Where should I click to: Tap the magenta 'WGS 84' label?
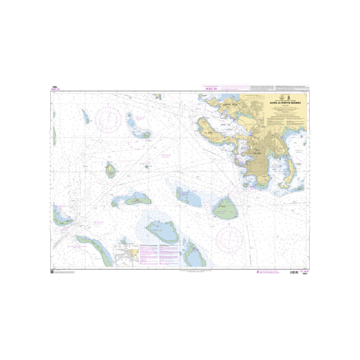click(x=211, y=89)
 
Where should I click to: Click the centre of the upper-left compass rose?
click(x=108, y=118)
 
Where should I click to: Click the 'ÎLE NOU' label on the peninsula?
click(x=208, y=133)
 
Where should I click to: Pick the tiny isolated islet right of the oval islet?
click(x=147, y=166)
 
